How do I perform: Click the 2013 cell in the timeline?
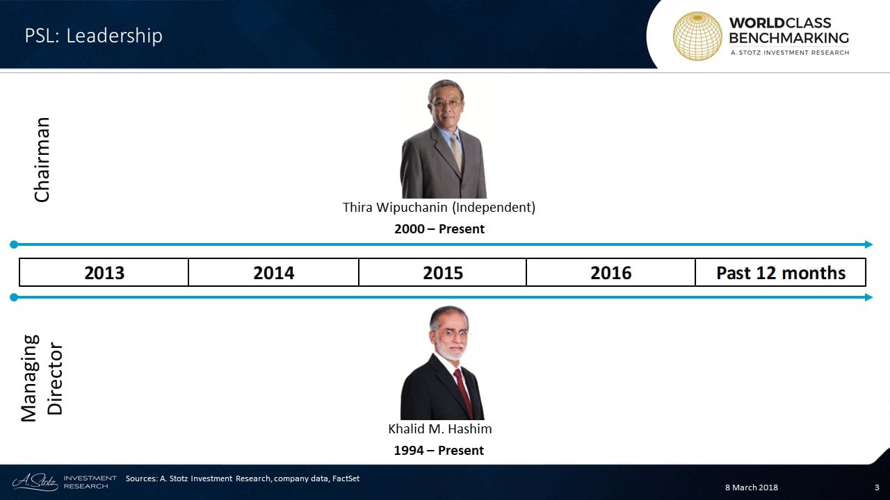point(104,272)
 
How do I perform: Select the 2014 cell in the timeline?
point(274,272)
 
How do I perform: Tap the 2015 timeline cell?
point(443,272)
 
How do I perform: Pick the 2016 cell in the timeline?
point(610,272)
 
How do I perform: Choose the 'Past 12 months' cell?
point(781,272)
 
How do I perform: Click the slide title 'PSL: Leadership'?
point(94,35)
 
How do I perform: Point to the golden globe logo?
point(697,36)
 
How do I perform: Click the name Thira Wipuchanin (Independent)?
point(439,207)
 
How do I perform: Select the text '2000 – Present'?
point(439,229)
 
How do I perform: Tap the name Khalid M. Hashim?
point(440,428)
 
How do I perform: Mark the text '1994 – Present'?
point(439,451)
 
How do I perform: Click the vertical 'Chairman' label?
point(42,160)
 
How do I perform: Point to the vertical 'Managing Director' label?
point(42,378)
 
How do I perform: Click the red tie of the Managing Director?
point(463,391)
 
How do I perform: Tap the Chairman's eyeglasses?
point(446,104)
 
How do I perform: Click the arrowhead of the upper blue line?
point(868,244)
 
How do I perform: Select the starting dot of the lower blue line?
point(14,297)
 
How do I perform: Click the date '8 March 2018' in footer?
point(752,487)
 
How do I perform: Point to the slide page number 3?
point(877,487)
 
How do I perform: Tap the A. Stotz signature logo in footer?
point(35,482)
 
